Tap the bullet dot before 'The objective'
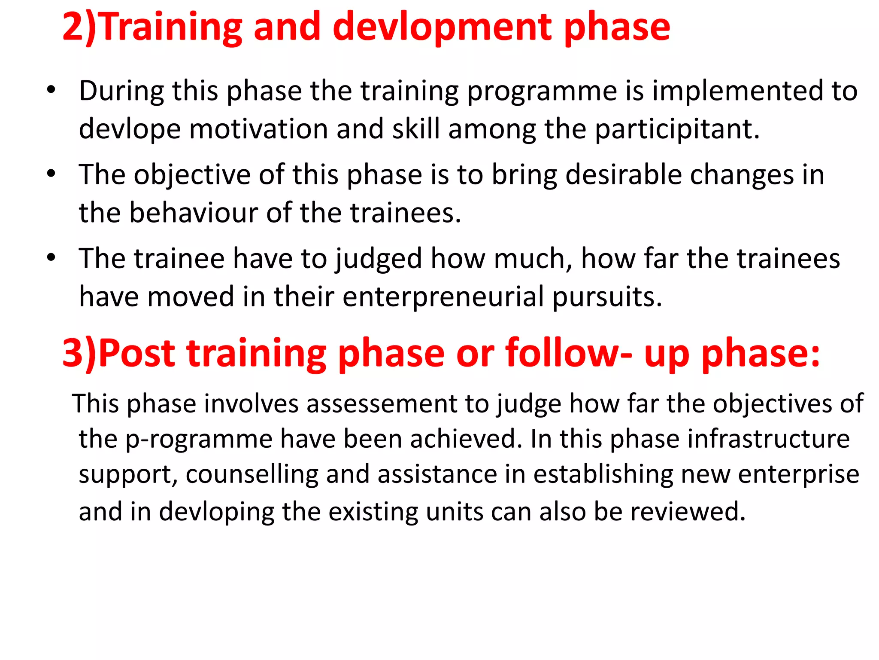pyautogui.click(x=51, y=174)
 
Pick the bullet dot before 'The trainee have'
pyautogui.click(x=51, y=258)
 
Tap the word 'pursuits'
pyautogui.click(x=607, y=297)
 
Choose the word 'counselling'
pyautogui.click(x=252, y=474)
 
